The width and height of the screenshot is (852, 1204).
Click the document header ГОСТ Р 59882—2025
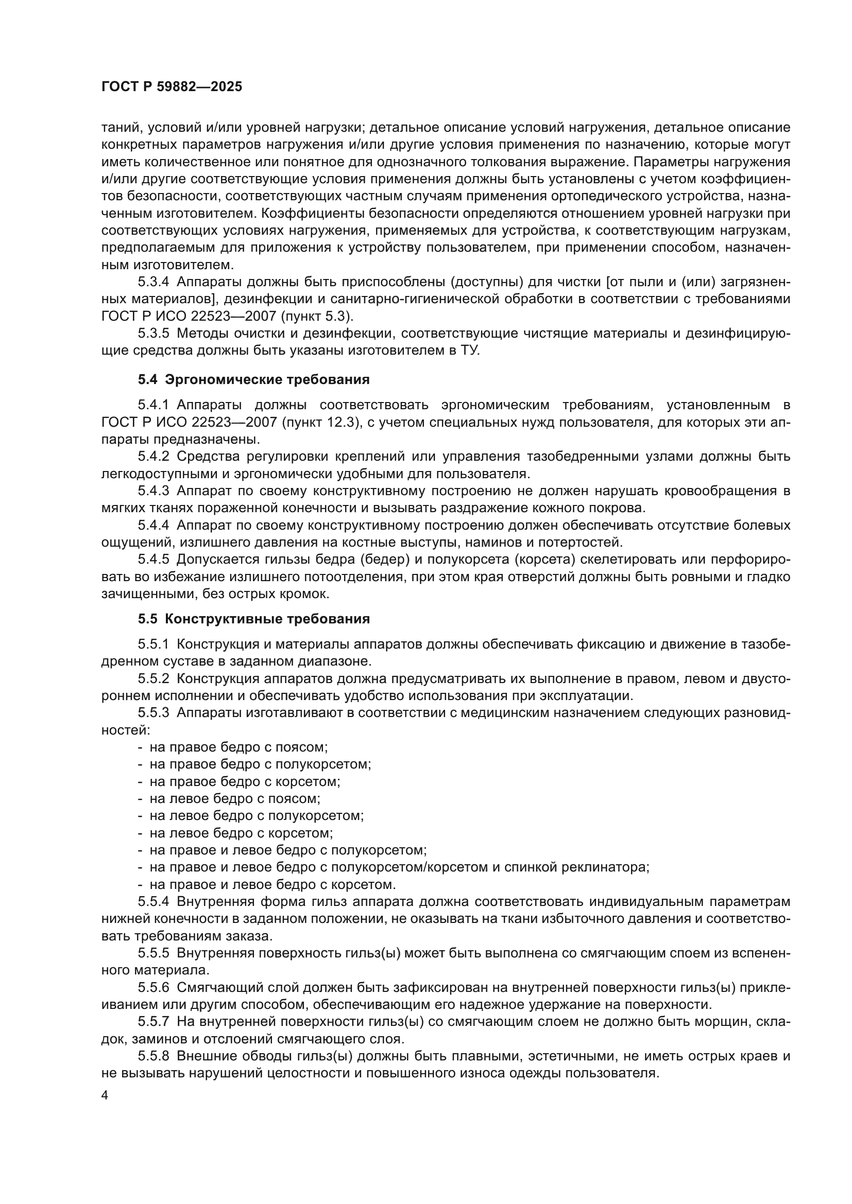(172, 87)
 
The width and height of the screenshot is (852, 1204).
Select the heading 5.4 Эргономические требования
(253, 380)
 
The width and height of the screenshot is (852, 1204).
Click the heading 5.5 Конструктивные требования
(253, 619)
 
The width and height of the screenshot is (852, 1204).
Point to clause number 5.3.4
(153, 282)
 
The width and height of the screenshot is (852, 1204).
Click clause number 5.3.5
(153, 334)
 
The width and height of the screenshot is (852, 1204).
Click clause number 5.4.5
(153, 560)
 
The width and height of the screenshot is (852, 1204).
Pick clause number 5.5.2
(153, 678)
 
